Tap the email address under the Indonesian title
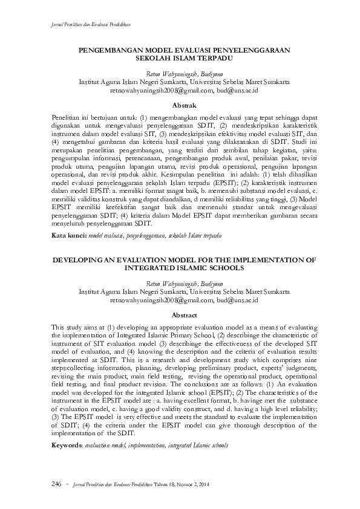click(184, 89)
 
